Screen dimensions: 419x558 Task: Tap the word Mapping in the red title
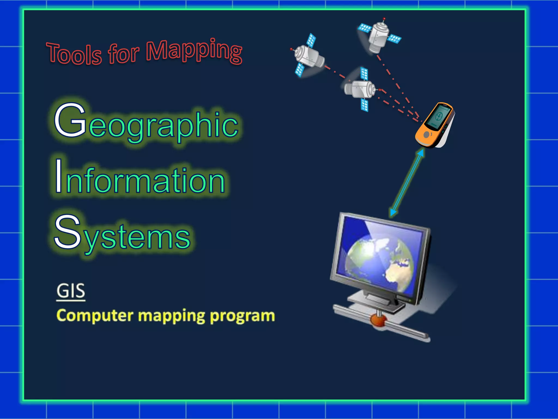(x=194, y=50)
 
